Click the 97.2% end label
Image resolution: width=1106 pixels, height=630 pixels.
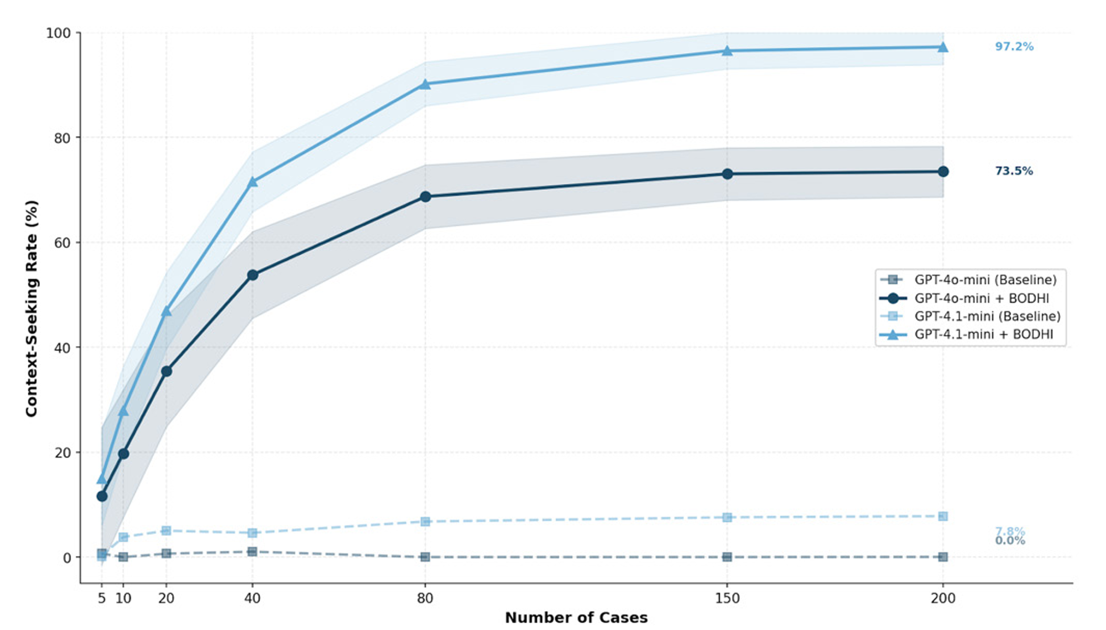tap(1014, 47)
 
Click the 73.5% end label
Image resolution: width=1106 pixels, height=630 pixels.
tap(1014, 171)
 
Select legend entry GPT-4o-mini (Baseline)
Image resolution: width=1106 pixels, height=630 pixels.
tap(985, 280)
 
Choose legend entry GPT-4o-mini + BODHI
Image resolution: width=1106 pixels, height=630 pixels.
tap(981, 298)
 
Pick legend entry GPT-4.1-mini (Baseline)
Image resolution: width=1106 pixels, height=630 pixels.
tap(987, 316)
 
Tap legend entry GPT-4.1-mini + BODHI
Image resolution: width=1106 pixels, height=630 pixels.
tap(984, 335)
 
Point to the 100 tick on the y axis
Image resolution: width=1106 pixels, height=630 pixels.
tap(58, 33)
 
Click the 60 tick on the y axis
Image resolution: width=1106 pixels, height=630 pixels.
tap(62, 243)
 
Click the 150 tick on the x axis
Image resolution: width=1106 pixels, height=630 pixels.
tap(727, 598)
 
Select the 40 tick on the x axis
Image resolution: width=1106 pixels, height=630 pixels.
tap(252, 598)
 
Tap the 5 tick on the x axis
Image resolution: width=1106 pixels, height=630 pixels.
tap(101, 598)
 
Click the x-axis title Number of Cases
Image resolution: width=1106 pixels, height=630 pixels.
tap(576, 618)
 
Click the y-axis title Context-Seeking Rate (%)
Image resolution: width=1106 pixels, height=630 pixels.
tap(32, 308)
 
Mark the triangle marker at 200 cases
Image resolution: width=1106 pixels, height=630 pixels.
tap(943, 47)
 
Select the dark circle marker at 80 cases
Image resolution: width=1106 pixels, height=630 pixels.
tap(425, 197)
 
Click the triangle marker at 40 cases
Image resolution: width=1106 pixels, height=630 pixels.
tap(252, 182)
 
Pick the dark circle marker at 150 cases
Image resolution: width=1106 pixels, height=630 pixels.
tap(727, 174)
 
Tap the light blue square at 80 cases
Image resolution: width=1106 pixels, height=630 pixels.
tap(425, 522)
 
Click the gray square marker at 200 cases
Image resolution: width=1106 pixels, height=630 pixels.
tap(943, 557)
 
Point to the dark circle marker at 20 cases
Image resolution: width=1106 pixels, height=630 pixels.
tap(166, 371)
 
